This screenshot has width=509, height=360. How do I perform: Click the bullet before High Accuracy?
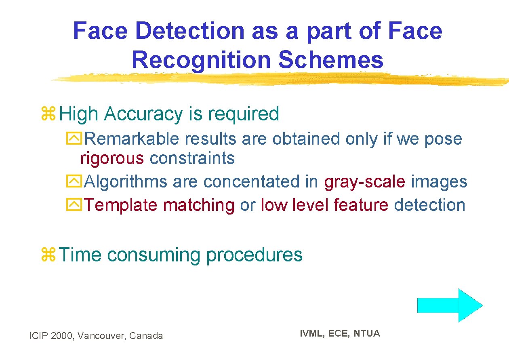click(48, 114)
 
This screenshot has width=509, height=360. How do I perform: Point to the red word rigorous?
click(112, 158)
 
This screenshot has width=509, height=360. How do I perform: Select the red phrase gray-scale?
click(364, 182)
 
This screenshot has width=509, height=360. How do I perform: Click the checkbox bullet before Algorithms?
click(74, 182)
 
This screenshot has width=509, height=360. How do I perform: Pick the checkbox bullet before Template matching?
click(74, 205)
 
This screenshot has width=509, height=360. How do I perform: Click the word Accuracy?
click(143, 114)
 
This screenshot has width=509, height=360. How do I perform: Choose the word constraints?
click(192, 158)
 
